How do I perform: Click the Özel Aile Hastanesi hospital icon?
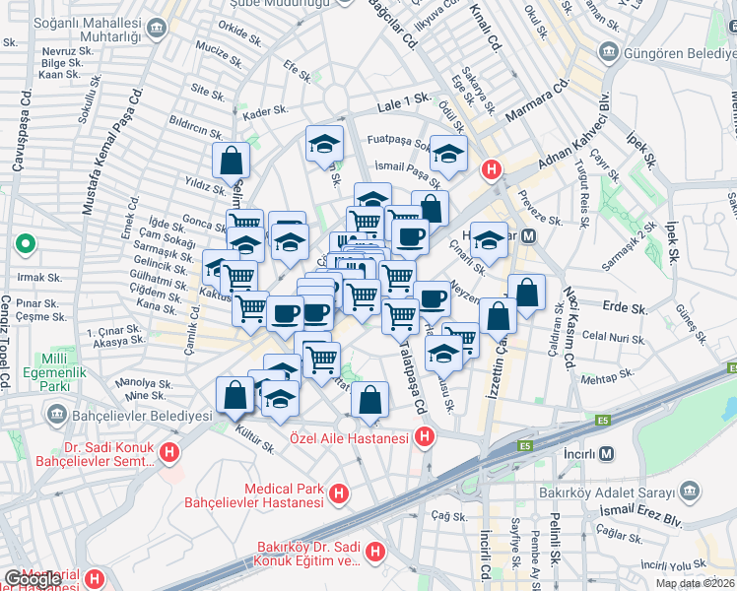(425, 435)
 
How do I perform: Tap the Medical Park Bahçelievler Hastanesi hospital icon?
(339, 492)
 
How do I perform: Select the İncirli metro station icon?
(606, 453)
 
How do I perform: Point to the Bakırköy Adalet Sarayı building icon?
(689, 491)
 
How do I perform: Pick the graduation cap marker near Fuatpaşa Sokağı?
(448, 154)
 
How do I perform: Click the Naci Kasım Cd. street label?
(569, 325)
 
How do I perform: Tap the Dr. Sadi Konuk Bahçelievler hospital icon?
(169, 453)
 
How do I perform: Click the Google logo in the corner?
(33, 579)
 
